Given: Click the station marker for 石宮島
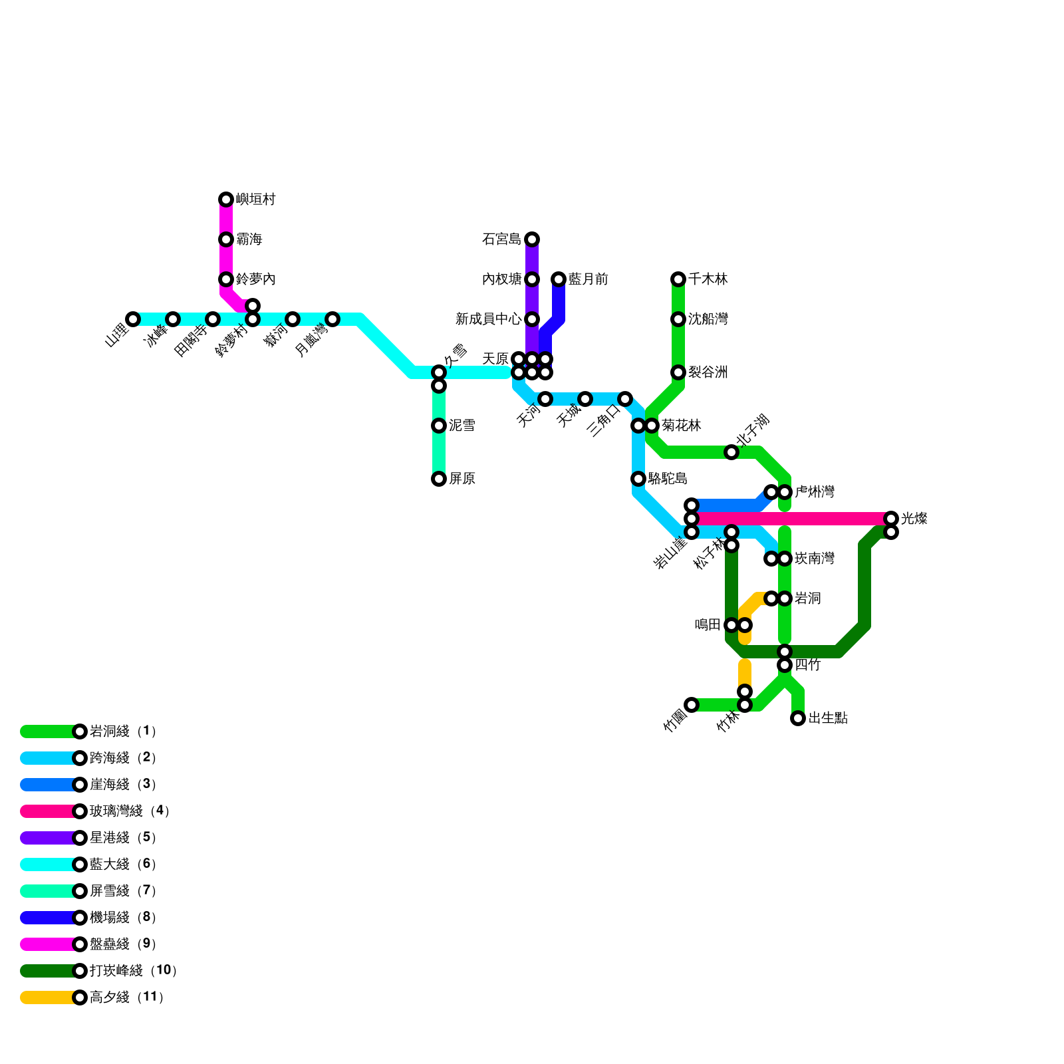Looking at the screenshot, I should [532, 239].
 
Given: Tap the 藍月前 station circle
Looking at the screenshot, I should [559, 279].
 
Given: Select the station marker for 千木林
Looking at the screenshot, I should [678, 279].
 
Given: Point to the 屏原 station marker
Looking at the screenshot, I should [439, 479].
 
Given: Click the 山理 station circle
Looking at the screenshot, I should [133, 319].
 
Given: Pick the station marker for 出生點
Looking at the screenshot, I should [798, 718].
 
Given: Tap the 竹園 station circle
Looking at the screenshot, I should [692, 705].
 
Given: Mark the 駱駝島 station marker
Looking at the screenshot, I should [638, 479].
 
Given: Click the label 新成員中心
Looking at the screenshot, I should [488, 319].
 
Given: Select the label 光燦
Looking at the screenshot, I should [914, 519].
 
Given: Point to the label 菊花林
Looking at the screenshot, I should [682, 426].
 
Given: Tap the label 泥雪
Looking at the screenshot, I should [462, 426].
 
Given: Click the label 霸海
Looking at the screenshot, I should [249, 239].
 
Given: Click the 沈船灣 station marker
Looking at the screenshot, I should [678, 319].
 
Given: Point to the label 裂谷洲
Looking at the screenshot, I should [708, 372].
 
